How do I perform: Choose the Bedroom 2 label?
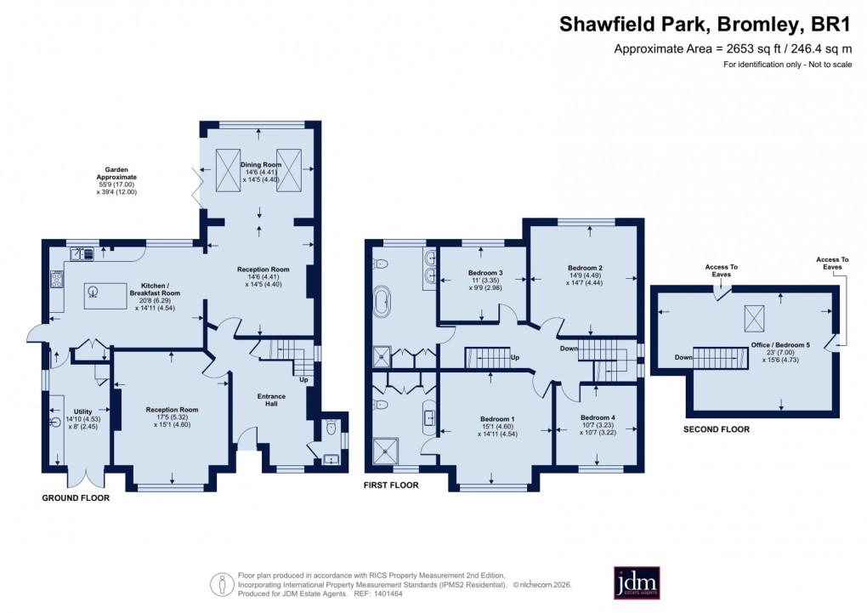585,268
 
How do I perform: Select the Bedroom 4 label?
596,417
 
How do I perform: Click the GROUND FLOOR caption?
76,497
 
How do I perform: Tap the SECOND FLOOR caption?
717,429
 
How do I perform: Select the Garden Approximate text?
116,173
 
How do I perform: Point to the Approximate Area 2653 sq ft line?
734,49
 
